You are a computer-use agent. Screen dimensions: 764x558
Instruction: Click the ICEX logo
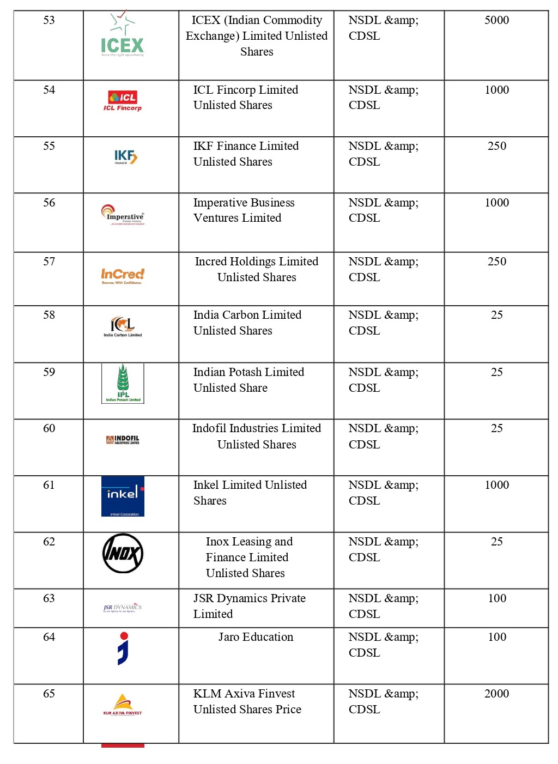tap(123, 34)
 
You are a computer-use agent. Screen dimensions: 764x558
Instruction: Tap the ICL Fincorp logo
tap(123, 101)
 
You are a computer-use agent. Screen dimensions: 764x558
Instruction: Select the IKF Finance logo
tap(125, 157)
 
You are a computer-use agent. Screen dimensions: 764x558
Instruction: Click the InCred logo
tap(123, 276)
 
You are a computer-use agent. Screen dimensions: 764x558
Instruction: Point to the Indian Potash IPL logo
tap(123, 383)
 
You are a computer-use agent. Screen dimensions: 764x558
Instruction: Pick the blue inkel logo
tap(123, 496)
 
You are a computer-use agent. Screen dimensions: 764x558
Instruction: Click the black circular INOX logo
tap(123, 553)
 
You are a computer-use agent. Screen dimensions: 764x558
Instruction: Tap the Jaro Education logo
tap(123, 648)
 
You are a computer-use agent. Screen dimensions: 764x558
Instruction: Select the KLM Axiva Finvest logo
tap(123, 704)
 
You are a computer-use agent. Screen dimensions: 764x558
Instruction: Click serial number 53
tap(49, 20)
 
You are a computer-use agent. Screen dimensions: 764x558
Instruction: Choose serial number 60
tap(49, 428)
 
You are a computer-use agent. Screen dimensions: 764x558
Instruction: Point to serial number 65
tap(49, 694)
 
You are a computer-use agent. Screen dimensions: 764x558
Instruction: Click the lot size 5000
tap(496, 20)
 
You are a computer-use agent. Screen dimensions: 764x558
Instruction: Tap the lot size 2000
tap(496, 694)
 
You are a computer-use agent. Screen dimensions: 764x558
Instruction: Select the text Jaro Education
tap(256, 637)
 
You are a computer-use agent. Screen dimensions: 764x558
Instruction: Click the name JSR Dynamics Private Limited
tap(249, 606)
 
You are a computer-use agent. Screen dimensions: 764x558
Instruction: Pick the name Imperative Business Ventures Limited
tap(244, 210)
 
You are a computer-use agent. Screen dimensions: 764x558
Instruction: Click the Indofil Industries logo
tap(123, 440)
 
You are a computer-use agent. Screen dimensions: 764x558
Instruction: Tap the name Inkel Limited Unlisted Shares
tap(250, 493)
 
